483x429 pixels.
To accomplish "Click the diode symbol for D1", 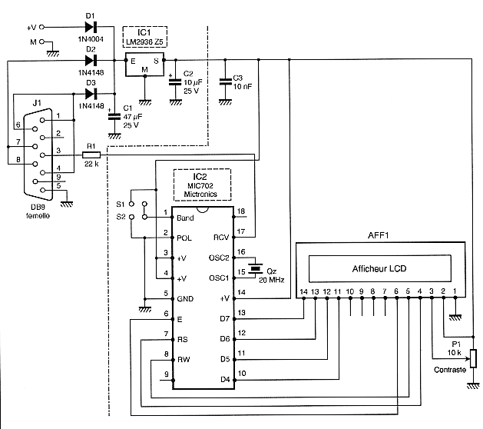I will click(91, 28).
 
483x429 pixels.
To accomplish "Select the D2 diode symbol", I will click(91, 59).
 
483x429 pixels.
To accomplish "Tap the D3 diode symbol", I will click(91, 94).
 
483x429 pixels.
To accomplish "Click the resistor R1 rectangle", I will click(91, 155).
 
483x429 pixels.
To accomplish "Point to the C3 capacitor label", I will click(237, 78).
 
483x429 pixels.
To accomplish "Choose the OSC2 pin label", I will click(218, 258).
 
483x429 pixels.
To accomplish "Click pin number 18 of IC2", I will click(240, 211).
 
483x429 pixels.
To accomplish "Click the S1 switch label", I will click(120, 204).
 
